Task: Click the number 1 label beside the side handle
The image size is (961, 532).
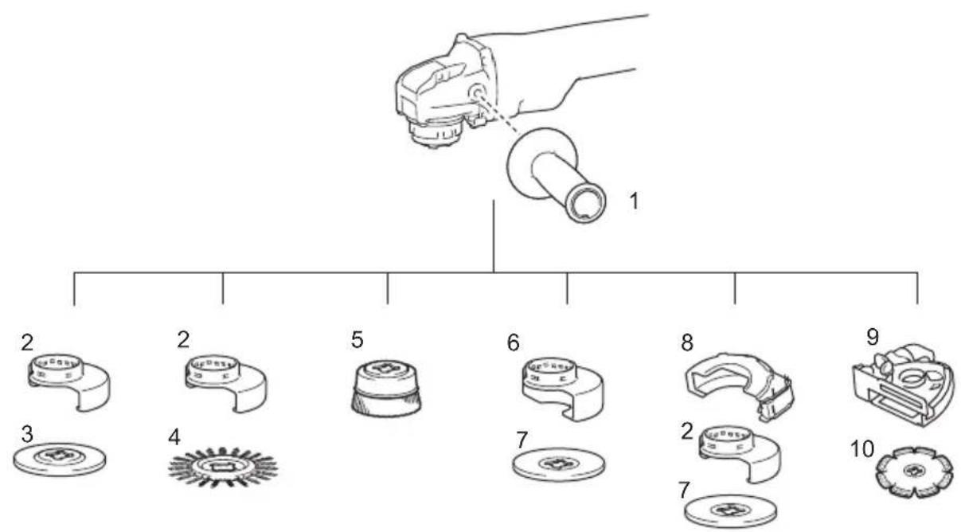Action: coord(634,201)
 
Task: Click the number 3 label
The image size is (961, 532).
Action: coord(27,434)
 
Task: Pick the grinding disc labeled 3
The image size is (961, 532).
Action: coord(60,460)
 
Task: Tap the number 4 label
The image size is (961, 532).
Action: coord(174,437)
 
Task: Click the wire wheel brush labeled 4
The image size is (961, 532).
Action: coord(223,468)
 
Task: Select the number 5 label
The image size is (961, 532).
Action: coord(357,340)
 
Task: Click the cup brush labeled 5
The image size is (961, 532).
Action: coord(386,389)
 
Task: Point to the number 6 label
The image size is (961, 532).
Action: coord(513,342)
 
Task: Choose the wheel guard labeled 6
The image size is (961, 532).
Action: coord(563,389)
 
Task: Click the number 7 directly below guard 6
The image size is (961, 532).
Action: coord(522,440)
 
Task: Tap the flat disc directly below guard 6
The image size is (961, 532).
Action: coord(559,464)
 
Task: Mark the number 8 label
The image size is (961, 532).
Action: coord(687,342)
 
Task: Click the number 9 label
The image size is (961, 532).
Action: coord(873,337)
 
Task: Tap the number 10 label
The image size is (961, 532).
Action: coord(862,449)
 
